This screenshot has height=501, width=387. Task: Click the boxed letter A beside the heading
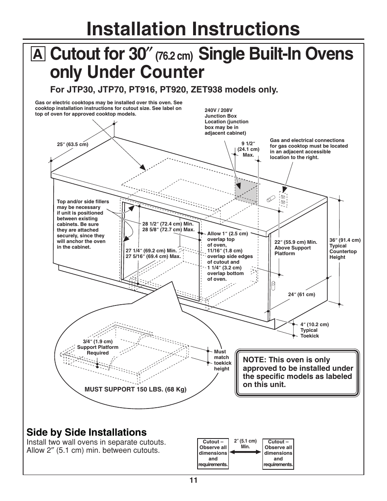[37, 54]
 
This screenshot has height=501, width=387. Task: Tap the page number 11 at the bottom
[193, 480]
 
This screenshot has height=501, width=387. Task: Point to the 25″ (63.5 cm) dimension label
[73, 144]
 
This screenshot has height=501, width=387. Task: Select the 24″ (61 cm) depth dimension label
[301, 295]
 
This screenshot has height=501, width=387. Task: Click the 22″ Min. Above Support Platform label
[295, 248]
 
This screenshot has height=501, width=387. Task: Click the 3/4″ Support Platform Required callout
[98, 347]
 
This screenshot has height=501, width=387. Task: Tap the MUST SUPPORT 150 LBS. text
[135, 389]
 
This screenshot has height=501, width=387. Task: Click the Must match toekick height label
[222, 360]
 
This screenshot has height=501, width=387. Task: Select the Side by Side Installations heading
[86, 432]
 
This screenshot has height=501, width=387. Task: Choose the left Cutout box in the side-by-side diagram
[213, 453]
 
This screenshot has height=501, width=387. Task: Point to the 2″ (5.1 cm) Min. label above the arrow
[245, 443]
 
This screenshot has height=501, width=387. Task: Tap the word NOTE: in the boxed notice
[254, 360]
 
